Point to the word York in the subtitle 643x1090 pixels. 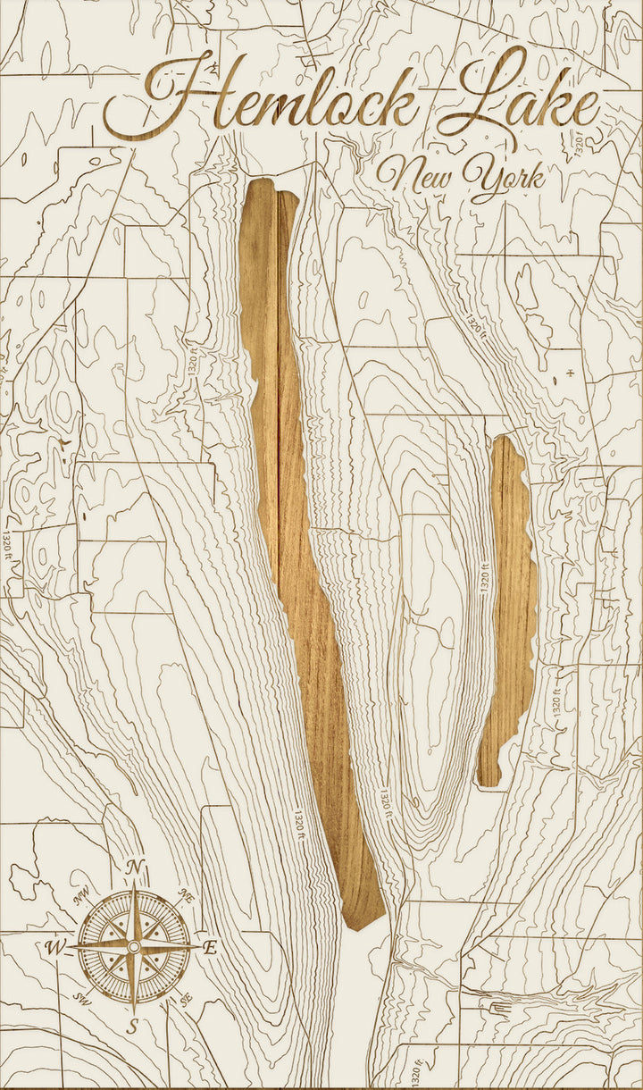(505, 177)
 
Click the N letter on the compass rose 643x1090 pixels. (135, 867)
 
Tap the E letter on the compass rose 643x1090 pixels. (211, 949)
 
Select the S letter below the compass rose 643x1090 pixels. (132, 1027)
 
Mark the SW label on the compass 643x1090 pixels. (83, 997)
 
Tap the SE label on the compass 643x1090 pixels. (185, 1000)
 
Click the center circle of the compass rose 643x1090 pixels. (133, 946)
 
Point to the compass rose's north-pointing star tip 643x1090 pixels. (134, 886)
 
